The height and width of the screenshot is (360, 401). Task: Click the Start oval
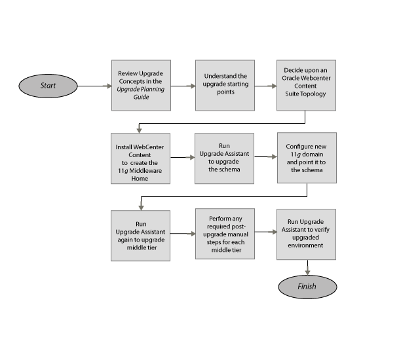click(x=48, y=86)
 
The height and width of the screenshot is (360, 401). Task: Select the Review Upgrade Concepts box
click(x=141, y=85)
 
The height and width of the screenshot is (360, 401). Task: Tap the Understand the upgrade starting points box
click(x=225, y=85)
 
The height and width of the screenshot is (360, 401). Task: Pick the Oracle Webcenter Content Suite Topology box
click(x=306, y=85)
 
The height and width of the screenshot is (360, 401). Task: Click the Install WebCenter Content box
click(x=141, y=158)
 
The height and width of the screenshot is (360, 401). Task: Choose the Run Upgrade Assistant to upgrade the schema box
click(x=225, y=158)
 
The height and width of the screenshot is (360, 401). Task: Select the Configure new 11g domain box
click(x=306, y=158)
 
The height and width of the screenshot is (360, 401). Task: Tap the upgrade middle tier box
click(x=141, y=234)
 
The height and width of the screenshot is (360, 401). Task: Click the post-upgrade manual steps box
click(x=225, y=234)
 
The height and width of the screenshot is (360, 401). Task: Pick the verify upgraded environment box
click(x=306, y=234)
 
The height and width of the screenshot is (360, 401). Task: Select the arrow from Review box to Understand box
click(x=183, y=86)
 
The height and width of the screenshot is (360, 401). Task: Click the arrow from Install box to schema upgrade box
click(x=183, y=158)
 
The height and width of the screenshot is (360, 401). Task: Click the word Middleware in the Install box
click(x=147, y=170)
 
